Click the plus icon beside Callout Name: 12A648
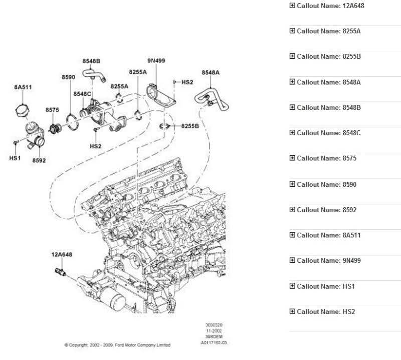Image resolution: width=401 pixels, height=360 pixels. click(x=292, y=6)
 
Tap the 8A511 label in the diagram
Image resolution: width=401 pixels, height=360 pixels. click(x=23, y=87)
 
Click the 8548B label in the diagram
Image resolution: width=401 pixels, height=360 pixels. click(x=91, y=61)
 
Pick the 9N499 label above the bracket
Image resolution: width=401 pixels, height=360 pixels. click(x=156, y=61)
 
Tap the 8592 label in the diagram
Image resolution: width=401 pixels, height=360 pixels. click(x=39, y=161)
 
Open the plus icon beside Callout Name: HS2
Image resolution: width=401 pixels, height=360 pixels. click(x=292, y=311)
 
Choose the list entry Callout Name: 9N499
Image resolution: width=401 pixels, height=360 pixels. click(x=328, y=260)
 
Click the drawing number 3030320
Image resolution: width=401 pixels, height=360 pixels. click(x=214, y=325)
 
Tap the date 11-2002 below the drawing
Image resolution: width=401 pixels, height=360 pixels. click(x=214, y=331)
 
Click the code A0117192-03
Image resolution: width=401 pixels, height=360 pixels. click(x=214, y=343)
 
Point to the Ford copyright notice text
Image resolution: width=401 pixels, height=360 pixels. click(x=117, y=345)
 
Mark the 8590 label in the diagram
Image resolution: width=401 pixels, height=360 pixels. click(x=68, y=77)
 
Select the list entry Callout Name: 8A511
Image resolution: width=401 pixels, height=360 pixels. click(x=328, y=235)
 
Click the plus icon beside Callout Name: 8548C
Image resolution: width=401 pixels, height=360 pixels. click(x=292, y=133)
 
